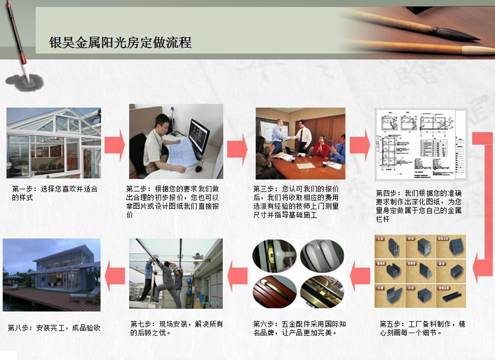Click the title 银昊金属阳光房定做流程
point(120,42)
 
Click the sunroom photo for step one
point(54,143)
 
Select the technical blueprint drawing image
point(421,144)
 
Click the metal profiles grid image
point(420,271)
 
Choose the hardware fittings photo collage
point(299,274)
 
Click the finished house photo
point(52,274)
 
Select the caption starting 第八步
point(54,328)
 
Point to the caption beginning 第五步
point(422,328)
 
